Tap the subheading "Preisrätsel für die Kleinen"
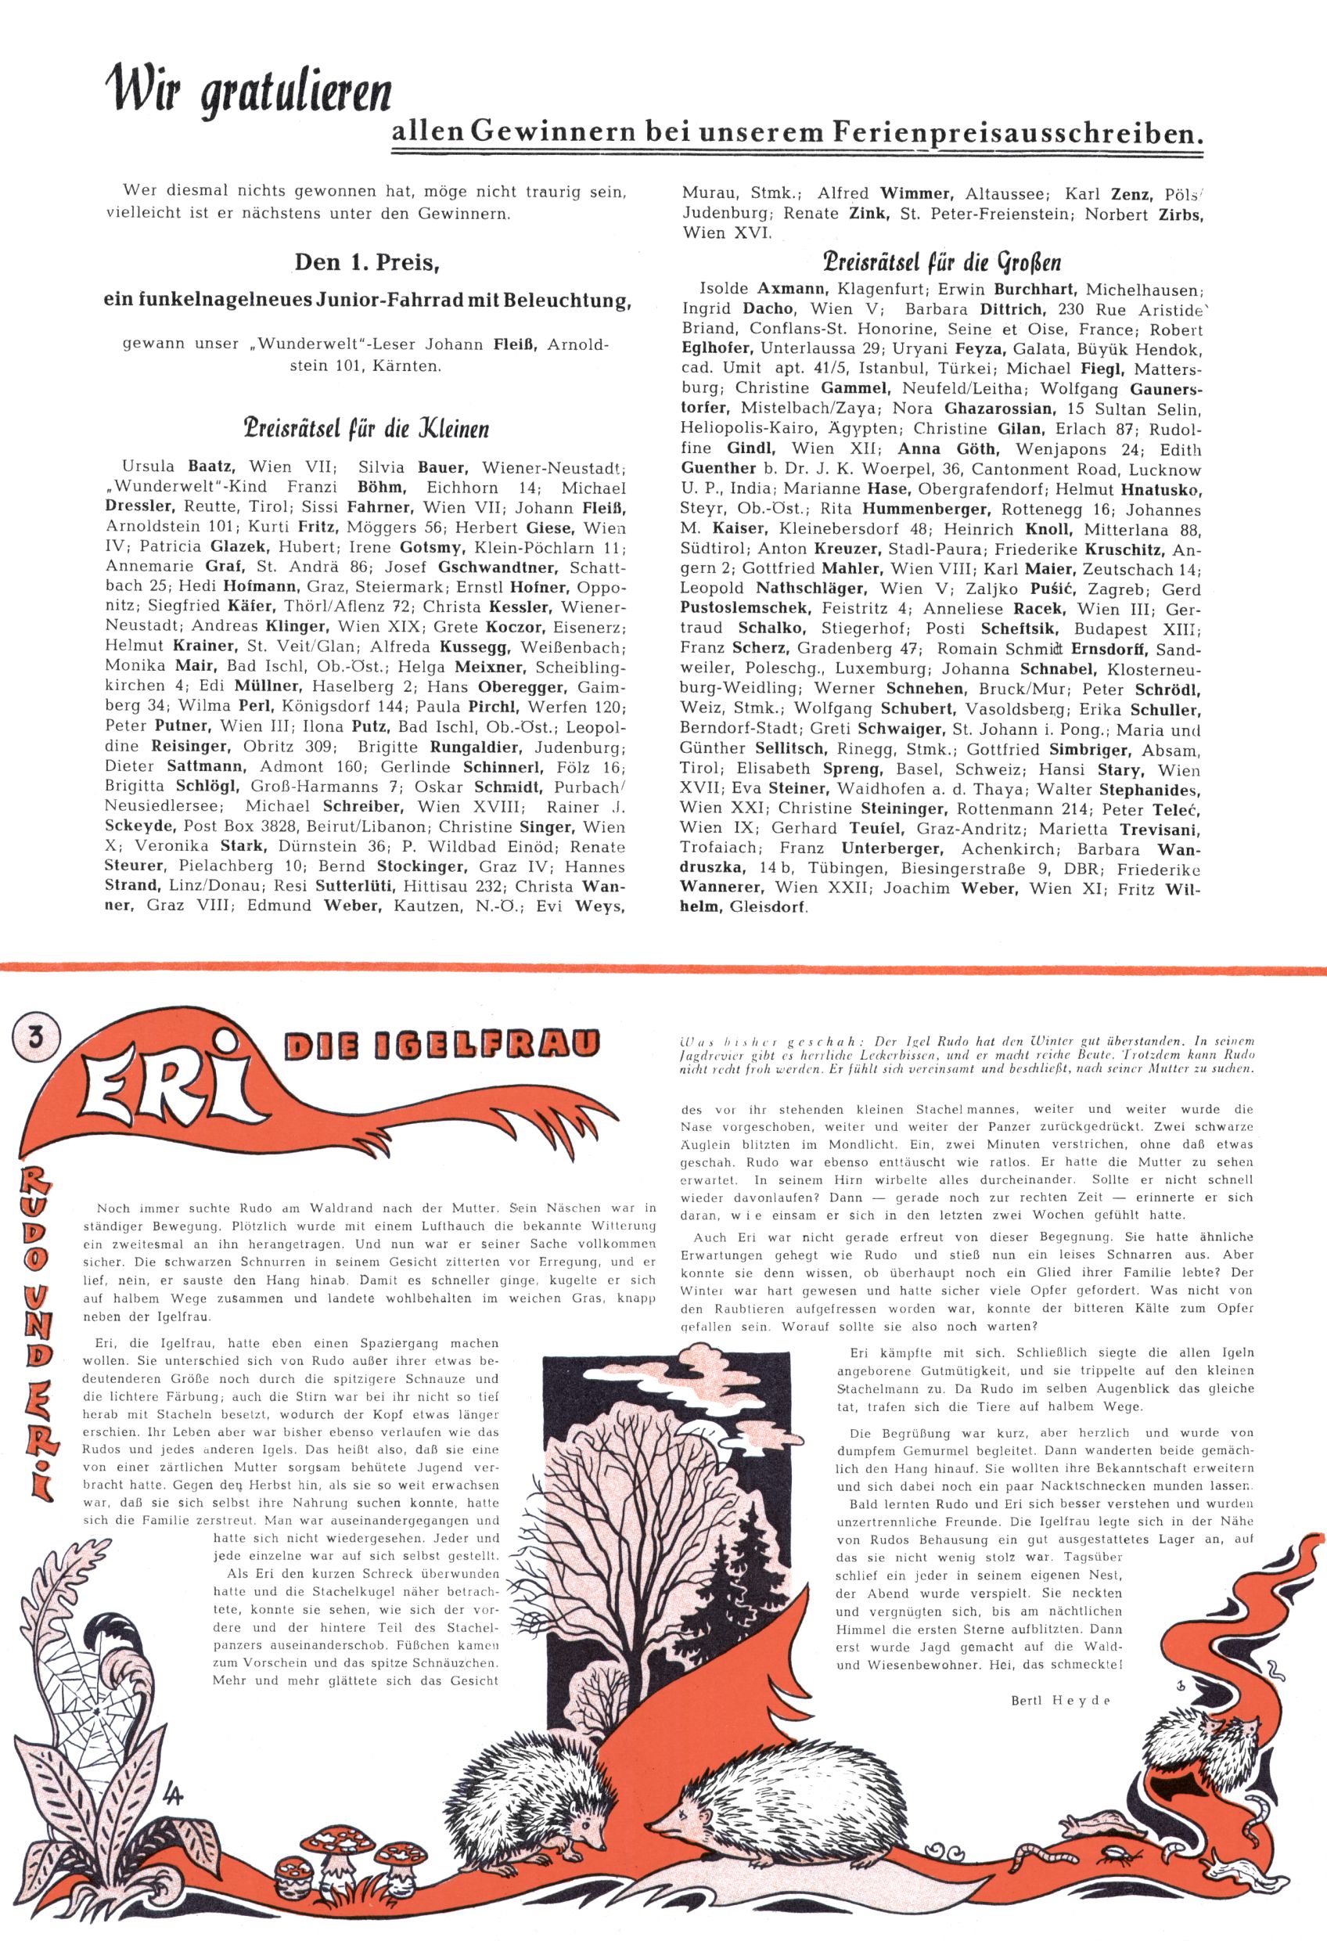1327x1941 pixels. coord(364,430)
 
